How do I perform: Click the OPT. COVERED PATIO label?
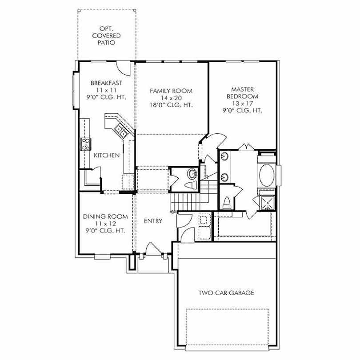pyautogui.click(x=106, y=36)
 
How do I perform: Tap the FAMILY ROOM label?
pyautogui.click(x=171, y=91)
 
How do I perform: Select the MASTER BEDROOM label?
pyautogui.click(x=243, y=93)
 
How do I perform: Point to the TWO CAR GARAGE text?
pyautogui.click(x=226, y=293)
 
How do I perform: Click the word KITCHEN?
pyautogui.click(x=107, y=156)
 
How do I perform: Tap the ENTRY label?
pyautogui.click(x=153, y=221)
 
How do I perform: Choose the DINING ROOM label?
pyautogui.click(x=105, y=216)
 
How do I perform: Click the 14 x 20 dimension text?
pyautogui.click(x=171, y=98)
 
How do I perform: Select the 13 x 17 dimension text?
pyautogui.click(x=243, y=103)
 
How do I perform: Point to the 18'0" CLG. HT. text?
pyautogui.click(x=171, y=105)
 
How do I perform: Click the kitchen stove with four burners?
pyautogui.click(x=86, y=144)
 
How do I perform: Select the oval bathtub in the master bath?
pyautogui.click(x=267, y=175)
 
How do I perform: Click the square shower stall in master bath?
pyautogui.click(x=267, y=203)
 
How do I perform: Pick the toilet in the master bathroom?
pyautogui.click(x=227, y=203)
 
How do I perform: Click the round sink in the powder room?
pyautogui.click(x=192, y=174)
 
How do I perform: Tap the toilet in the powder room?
pyautogui.click(x=191, y=185)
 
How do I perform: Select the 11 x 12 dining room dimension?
pyautogui.click(x=105, y=224)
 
